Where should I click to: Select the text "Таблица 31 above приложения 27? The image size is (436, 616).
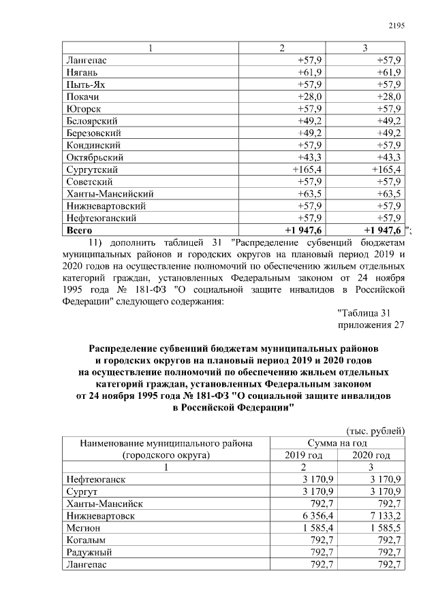tap(364, 312)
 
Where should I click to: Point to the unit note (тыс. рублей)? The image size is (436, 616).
tap(376, 430)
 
